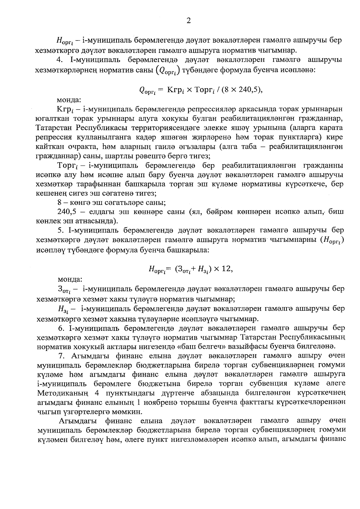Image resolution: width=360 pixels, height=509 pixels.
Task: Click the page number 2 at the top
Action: pos(188,20)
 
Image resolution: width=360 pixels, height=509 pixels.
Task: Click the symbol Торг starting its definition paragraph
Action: pos(67,166)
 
